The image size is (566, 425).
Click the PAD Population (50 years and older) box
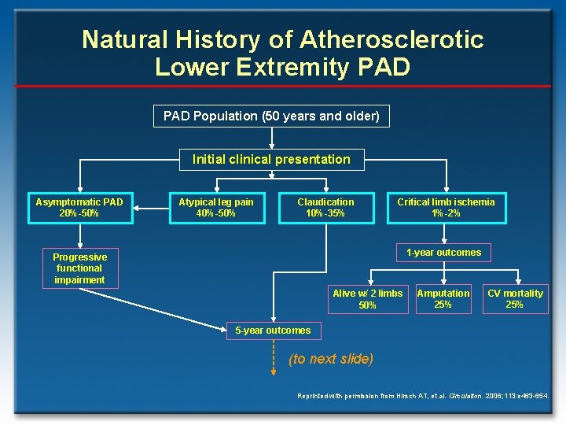point(271,116)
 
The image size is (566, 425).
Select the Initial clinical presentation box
point(271,160)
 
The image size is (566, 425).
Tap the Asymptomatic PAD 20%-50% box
point(79,208)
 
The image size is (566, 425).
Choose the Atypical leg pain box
point(216,208)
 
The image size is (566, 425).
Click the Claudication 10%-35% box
point(325,208)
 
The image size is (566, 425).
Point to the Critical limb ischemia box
point(446,208)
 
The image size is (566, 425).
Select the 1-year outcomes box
point(443,253)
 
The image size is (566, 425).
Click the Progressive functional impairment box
point(79,268)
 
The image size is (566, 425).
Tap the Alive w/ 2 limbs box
point(367,299)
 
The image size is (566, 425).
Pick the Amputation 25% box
point(443,299)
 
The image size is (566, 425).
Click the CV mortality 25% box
point(515,299)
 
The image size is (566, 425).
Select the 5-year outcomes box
point(273,331)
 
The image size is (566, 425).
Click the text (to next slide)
point(330,359)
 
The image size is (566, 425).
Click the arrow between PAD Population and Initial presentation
point(271,138)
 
